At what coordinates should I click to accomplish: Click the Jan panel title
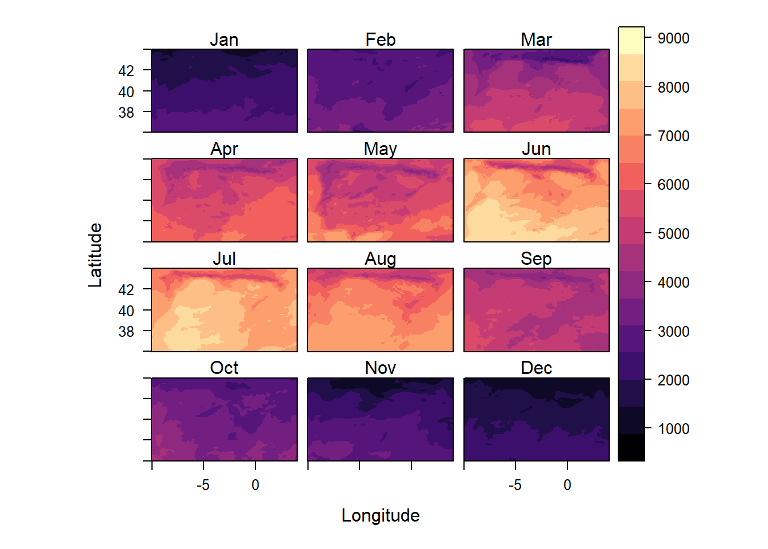tap(224, 39)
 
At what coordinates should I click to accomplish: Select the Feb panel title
tap(381, 39)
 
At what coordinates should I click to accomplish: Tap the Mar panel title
tap(536, 39)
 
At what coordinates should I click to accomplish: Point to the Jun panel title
tap(536, 149)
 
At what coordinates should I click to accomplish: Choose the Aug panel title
tap(381, 258)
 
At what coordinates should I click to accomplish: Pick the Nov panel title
tap(381, 368)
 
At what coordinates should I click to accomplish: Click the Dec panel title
tap(536, 368)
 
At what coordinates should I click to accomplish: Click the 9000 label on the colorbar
tap(673, 38)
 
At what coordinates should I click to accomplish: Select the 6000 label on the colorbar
tap(673, 185)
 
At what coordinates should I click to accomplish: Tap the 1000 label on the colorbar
tap(673, 429)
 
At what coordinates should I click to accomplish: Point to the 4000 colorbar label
tap(673, 283)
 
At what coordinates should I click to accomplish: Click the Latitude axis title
tap(95, 255)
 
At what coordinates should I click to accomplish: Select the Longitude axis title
tap(381, 515)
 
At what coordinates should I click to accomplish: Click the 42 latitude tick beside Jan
tap(126, 71)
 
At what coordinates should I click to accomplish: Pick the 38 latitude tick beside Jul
tap(126, 332)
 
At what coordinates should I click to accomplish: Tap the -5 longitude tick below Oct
tap(203, 486)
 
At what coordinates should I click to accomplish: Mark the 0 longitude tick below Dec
tap(567, 486)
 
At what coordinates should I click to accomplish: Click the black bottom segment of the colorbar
tap(631, 448)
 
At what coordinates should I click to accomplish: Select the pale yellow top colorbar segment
tap(631, 41)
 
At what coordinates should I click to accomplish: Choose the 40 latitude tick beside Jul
tap(126, 311)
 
